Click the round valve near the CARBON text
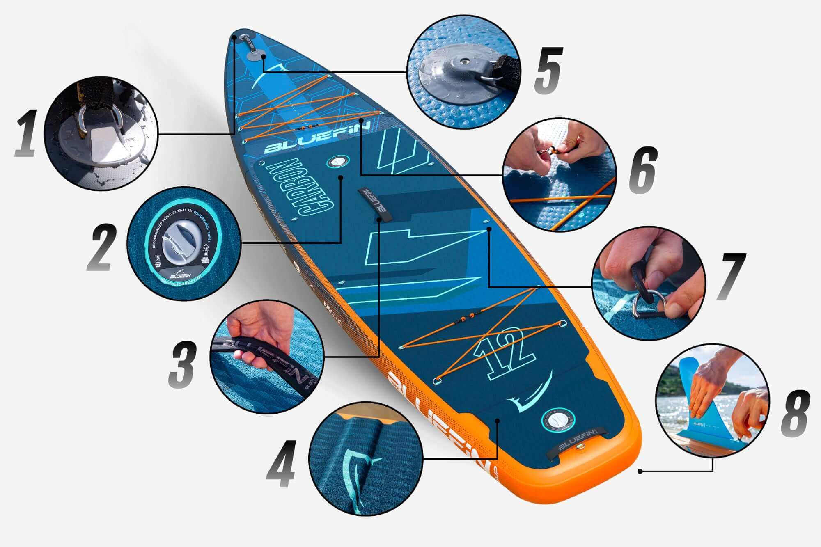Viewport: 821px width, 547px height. coord(337,161)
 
